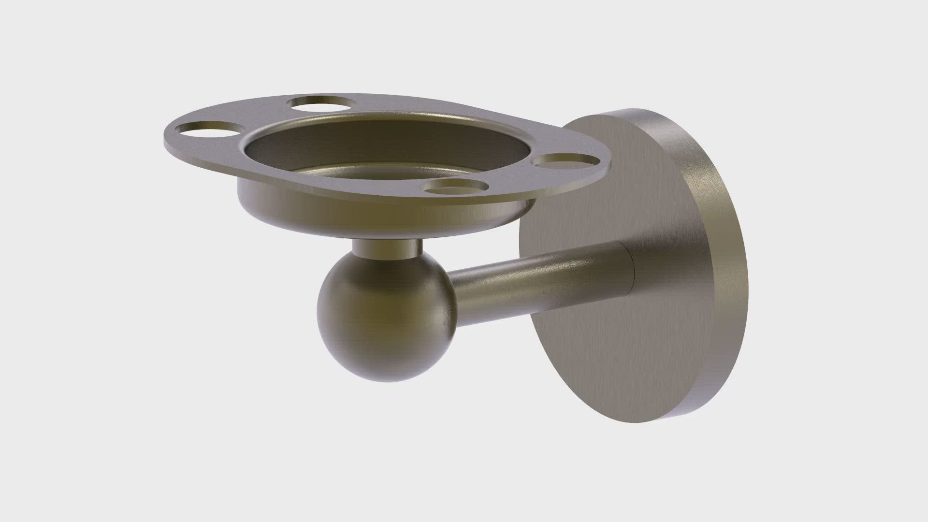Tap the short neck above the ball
[387, 247]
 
